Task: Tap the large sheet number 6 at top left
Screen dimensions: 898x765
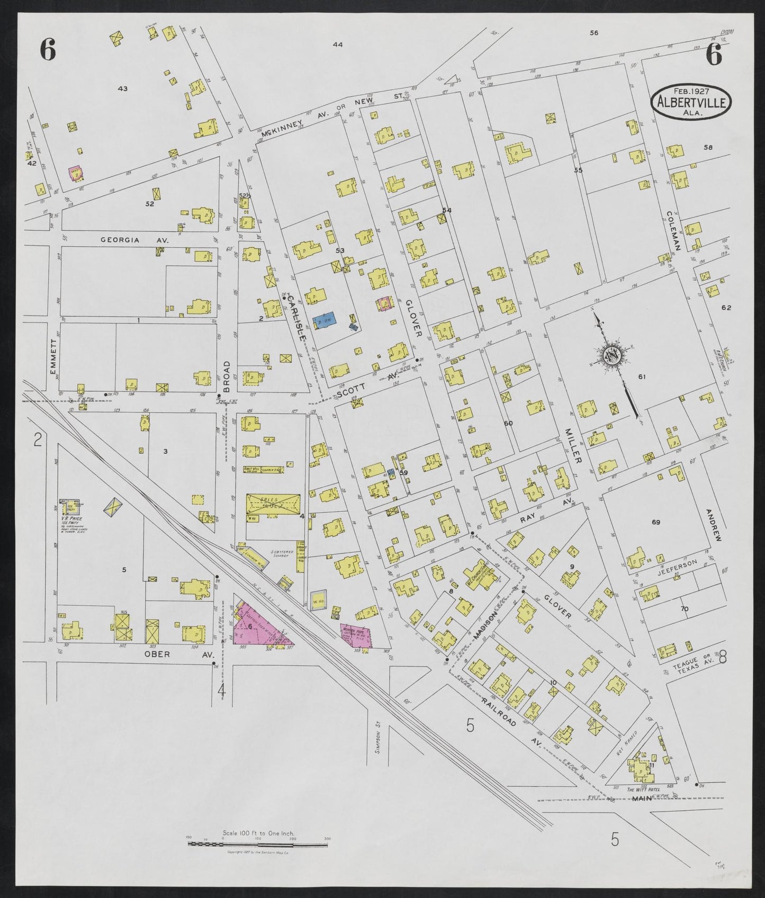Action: pyautogui.click(x=48, y=51)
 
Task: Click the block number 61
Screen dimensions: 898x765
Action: pyautogui.click(x=642, y=376)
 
